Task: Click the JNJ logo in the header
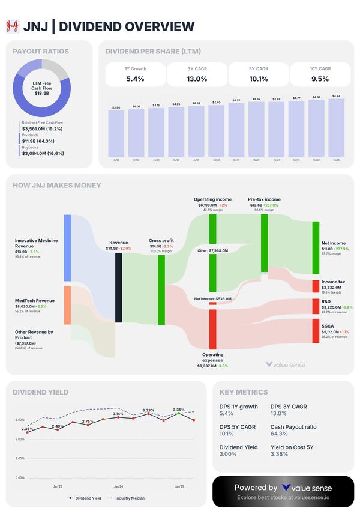pos(12,26)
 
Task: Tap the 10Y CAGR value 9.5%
pos(320,79)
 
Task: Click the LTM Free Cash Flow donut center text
pos(41,88)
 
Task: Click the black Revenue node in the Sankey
pos(118,288)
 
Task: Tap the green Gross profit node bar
pos(161,290)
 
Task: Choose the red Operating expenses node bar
pos(212,329)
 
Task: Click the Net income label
pos(334,243)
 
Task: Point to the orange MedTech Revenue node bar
pos(67,305)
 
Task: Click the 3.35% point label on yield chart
pos(179,410)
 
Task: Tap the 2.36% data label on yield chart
pos(27,429)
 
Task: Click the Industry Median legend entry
pos(125,498)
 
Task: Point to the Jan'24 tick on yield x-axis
pos(118,486)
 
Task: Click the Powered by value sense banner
pos(283,492)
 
